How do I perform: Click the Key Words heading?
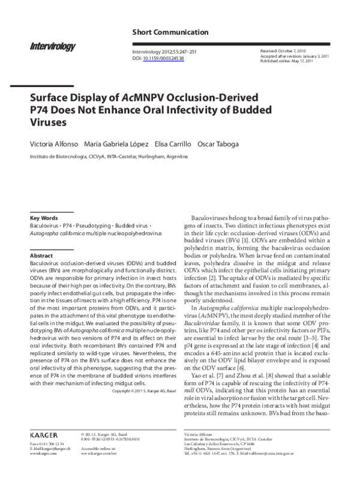(43, 218)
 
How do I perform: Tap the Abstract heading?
(41, 256)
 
